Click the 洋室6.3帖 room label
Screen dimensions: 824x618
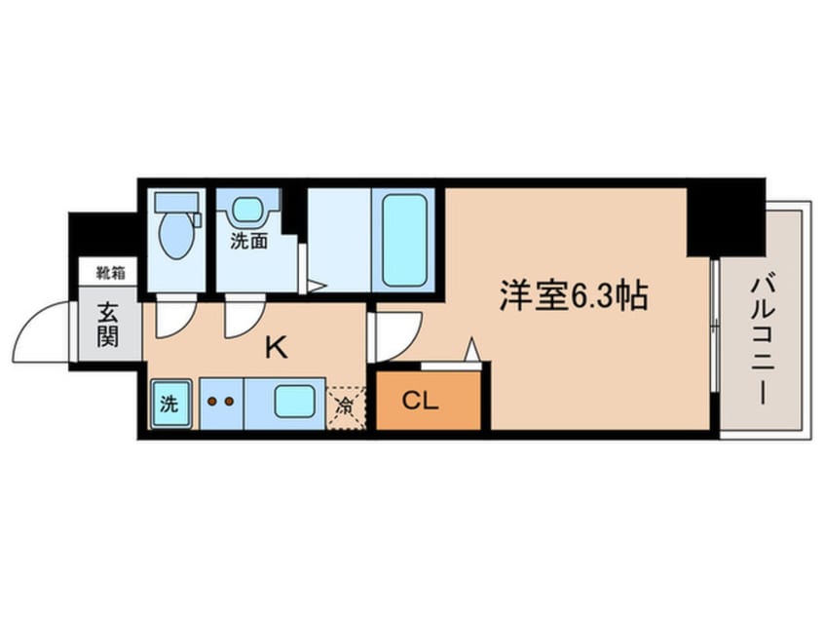(x=573, y=295)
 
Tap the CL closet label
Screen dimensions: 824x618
(x=420, y=402)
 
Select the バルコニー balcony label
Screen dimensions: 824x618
(x=763, y=341)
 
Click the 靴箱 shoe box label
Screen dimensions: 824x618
(x=110, y=273)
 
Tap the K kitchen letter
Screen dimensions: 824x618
(x=276, y=347)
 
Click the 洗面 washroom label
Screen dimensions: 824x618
(x=249, y=241)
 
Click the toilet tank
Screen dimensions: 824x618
(x=176, y=201)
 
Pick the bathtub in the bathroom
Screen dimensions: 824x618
(x=403, y=241)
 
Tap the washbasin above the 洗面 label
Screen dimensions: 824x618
(x=247, y=209)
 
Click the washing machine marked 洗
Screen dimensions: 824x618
(x=169, y=404)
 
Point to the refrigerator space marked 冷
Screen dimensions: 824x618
(x=346, y=407)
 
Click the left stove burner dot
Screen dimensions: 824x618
(x=212, y=402)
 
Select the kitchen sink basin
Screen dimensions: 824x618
(x=295, y=401)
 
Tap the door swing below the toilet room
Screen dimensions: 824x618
(x=176, y=317)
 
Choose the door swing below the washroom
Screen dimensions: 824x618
(x=244, y=317)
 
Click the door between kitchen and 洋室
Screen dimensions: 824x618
(x=395, y=336)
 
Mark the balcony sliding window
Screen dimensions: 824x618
(x=714, y=325)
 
